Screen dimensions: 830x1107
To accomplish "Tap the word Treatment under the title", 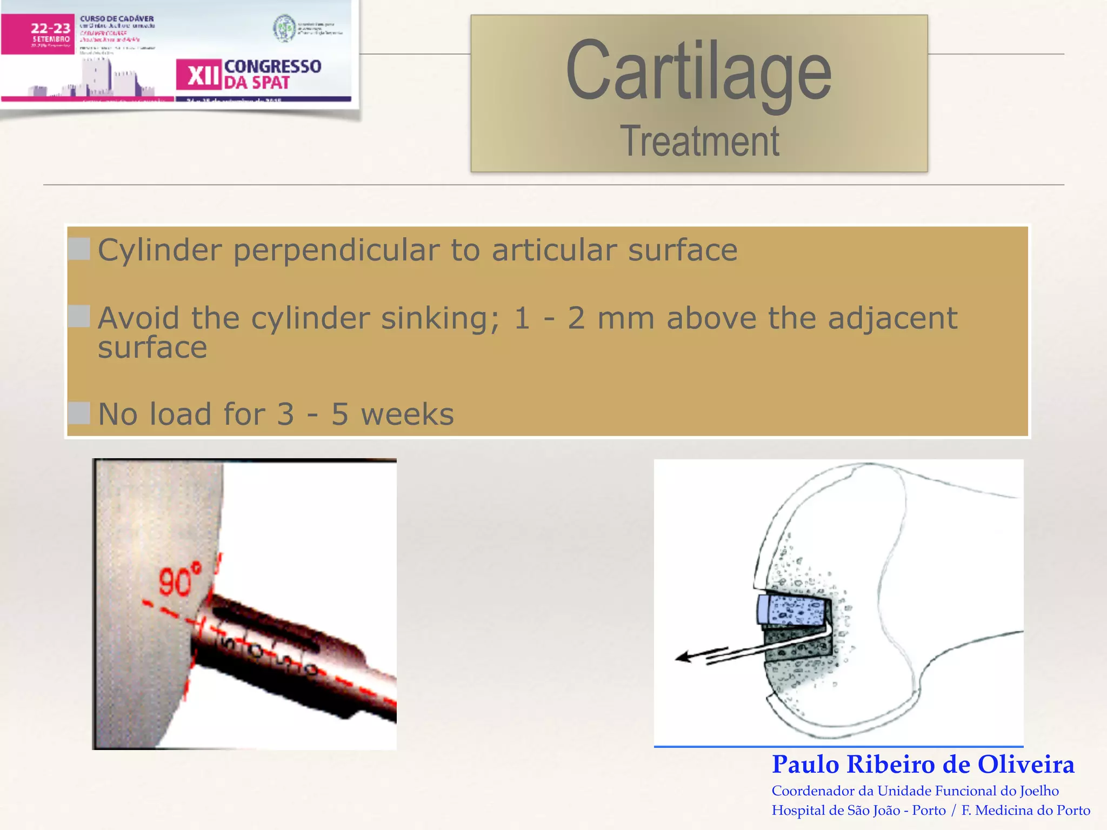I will pos(699,142).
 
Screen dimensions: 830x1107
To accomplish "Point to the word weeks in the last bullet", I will pos(408,414).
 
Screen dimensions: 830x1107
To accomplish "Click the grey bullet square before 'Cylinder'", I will pos(79,249).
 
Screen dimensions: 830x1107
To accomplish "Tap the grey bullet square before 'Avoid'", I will pos(79,317).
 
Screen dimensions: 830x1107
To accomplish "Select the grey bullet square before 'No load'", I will pos(79,413).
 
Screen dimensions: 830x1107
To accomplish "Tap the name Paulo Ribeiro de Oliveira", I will pos(923,765).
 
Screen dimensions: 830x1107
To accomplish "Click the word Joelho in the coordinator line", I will pos(1039,791).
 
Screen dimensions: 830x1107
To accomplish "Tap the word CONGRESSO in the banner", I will pos(272,66).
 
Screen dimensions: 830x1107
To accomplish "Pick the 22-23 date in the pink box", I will pos(50,28).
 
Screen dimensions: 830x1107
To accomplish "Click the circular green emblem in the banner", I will pos(284,28).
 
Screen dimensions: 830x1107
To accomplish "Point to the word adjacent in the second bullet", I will pos(892,318).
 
